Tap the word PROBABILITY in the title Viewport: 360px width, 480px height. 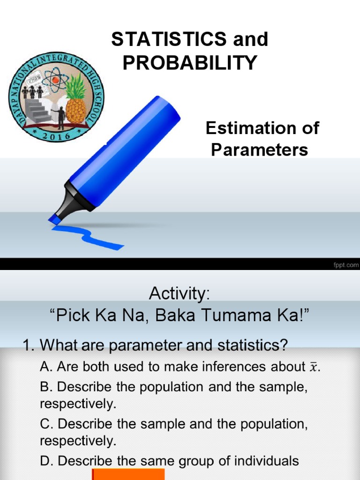click(190, 63)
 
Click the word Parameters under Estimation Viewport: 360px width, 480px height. click(259, 150)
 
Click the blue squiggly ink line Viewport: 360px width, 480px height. click(89, 234)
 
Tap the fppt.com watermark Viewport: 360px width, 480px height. click(345, 264)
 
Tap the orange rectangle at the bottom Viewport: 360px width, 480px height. click(128, 474)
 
